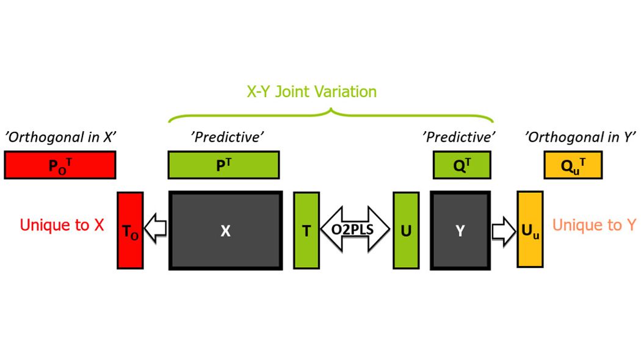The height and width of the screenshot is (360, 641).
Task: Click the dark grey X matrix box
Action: coord(225,231)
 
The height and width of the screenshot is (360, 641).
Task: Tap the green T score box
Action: coord(306,231)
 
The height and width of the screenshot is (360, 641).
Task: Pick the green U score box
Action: coord(406,231)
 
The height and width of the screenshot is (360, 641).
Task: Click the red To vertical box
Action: coord(130,231)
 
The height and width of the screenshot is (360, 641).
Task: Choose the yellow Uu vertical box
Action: coord(530,229)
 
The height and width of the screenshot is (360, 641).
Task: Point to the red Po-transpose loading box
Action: coord(60,165)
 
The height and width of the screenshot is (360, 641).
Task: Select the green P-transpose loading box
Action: coord(223,165)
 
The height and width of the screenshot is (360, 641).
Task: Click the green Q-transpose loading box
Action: coord(462,165)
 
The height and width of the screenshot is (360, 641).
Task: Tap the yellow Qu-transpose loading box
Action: coord(573,165)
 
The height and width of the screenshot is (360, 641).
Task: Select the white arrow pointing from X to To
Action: coord(156,231)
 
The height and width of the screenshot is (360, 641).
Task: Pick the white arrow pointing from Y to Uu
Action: coord(504,231)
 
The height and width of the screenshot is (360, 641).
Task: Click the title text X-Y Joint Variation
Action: coord(311,92)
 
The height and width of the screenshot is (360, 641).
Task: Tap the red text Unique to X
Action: coord(62,225)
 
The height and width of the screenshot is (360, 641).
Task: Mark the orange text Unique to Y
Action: coord(594,225)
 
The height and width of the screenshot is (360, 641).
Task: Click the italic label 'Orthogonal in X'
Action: coord(60,137)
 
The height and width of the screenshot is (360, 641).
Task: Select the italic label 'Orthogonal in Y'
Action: coord(581,137)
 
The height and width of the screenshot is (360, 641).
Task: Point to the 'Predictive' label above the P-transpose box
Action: coord(228,137)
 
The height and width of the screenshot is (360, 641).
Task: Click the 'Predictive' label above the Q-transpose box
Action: coord(458,137)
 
